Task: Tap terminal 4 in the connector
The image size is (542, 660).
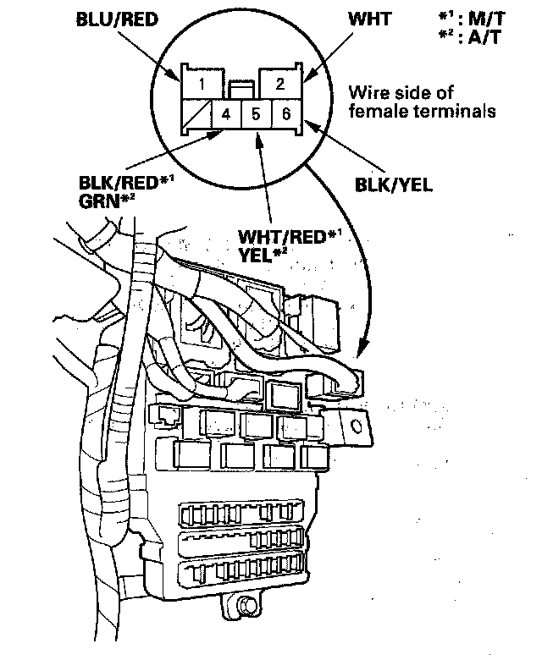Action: point(227,113)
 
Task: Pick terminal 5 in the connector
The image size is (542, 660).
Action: point(256,113)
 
